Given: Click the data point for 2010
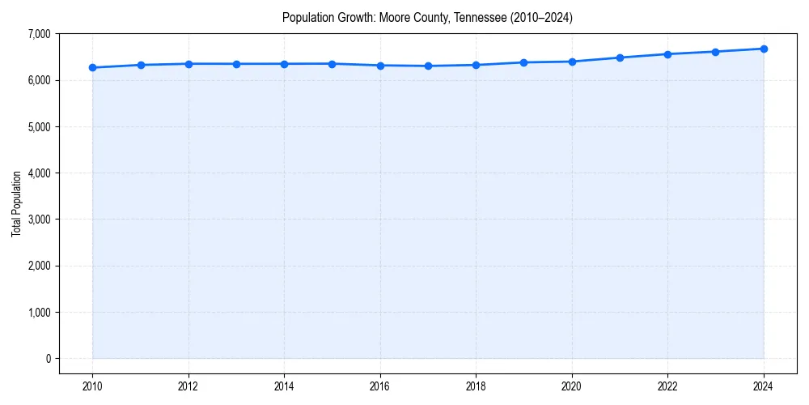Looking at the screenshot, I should (x=93, y=67).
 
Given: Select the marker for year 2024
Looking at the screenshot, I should (x=764, y=49).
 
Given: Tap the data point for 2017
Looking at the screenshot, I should (x=428, y=66).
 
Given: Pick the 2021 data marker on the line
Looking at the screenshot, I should (x=620, y=58).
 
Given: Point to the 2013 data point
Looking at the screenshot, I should (x=236, y=64).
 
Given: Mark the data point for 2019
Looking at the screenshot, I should (x=524, y=62).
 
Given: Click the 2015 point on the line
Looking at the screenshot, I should (x=332, y=64).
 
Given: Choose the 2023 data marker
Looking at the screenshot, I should (x=716, y=52).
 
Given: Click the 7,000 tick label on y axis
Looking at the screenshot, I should (x=38, y=34).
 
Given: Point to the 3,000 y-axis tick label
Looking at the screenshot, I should (x=38, y=220).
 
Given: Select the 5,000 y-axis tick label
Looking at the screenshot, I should (x=38, y=127).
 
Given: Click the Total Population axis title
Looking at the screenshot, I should (x=16, y=203).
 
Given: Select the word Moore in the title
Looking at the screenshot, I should (x=393, y=18).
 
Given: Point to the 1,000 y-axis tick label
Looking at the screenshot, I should (x=38, y=313).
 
